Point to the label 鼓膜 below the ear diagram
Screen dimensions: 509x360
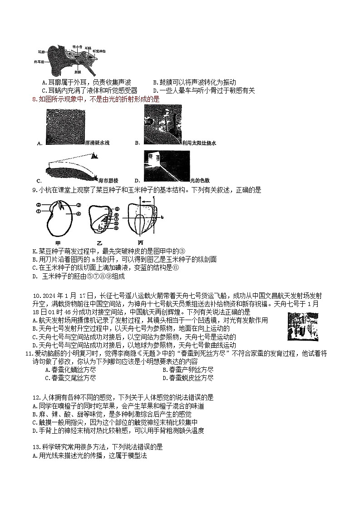tap(78, 72)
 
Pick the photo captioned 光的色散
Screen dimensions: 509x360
tap(166, 164)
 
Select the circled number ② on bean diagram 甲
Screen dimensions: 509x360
tap(39, 205)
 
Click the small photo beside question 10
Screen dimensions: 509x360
tap(303, 326)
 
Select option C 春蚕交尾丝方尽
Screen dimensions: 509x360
tap(70, 378)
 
